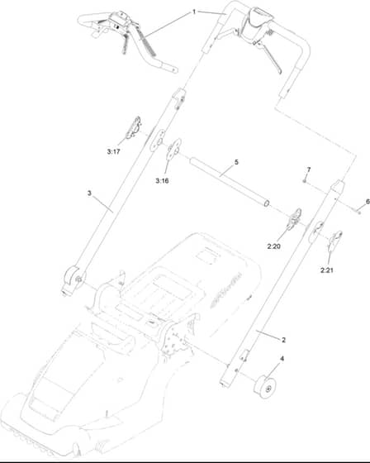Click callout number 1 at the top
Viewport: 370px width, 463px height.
click(194, 12)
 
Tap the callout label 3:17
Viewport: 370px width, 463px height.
click(114, 152)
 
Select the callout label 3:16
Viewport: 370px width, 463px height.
click(162, 181)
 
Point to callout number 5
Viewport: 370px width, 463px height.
click(236, 162)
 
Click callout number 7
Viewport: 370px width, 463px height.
click(309, 169)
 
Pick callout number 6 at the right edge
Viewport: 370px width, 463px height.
click(368, 202)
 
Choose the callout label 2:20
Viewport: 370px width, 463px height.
click(274, 246)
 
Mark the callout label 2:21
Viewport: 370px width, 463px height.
click(326, 270)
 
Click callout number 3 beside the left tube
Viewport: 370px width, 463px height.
click(89, 193)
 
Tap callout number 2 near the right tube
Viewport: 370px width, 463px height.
click(283, 340)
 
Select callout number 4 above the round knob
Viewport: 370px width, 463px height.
click(282, 359)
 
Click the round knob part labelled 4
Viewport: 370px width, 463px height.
click(265, 387)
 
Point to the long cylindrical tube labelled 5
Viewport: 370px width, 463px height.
click(230, 182)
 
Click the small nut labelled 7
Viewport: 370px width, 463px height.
click(304, 180)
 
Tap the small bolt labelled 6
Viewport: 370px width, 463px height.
click(358, 211)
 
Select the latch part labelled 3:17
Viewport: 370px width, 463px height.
click(133, 127)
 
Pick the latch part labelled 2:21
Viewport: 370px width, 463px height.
click(335, 239)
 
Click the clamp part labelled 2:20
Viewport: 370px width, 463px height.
click(295, 218)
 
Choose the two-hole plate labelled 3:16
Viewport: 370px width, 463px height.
click(173, 149)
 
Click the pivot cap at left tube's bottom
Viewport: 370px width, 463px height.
click(73, 279)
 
